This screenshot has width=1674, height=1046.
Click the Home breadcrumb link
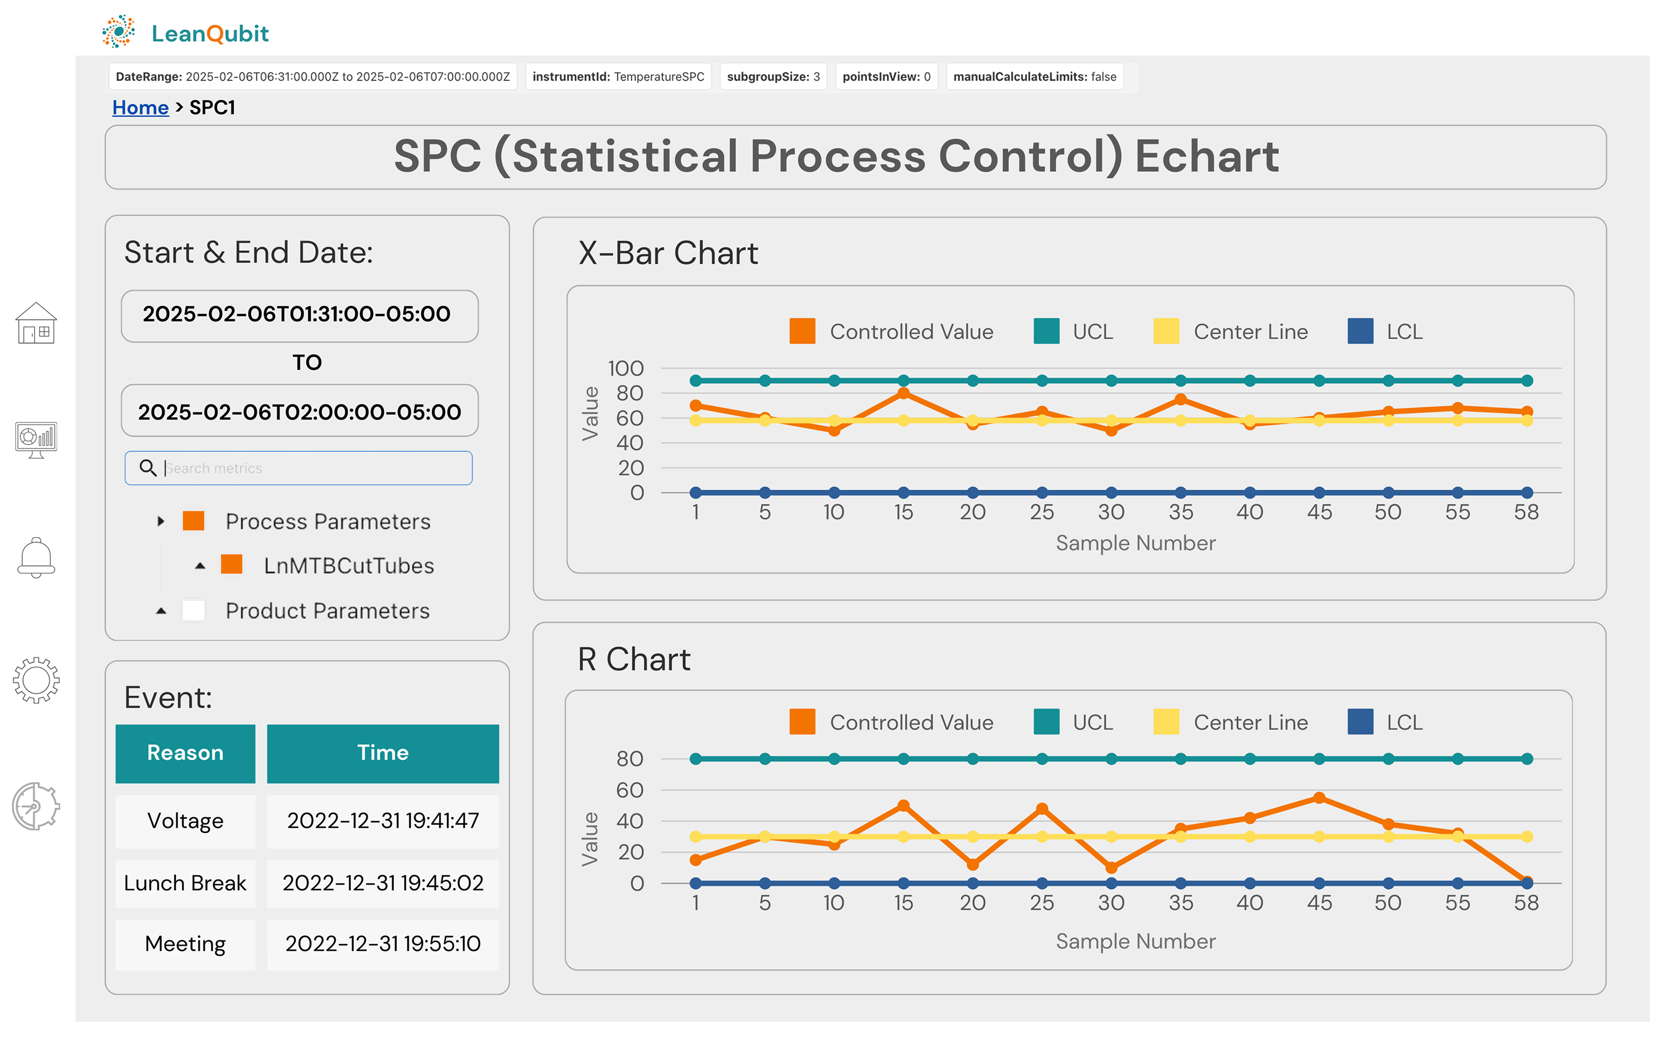[141, 108]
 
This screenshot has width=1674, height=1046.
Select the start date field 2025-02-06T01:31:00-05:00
[300, 315]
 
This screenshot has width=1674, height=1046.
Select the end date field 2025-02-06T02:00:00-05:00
[300, 412]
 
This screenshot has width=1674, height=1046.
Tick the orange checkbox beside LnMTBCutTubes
[232, 565]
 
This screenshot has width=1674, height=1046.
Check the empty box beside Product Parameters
[193, 610]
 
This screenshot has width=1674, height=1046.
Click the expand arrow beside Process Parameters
[161, 521]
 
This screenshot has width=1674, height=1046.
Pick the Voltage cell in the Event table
[185, 821]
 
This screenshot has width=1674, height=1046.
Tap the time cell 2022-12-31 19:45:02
[383, 884]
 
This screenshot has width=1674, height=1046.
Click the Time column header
[383, 753]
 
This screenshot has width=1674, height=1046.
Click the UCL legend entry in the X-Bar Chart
[1074, 331]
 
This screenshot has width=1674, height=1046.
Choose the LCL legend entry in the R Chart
[1386, 722]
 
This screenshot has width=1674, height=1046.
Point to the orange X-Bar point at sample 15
[903, 394]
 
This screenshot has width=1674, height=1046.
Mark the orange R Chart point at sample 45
[1319, 798]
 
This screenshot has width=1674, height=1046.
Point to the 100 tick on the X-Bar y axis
[626, 368]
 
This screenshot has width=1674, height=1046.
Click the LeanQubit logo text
[210, 33]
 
